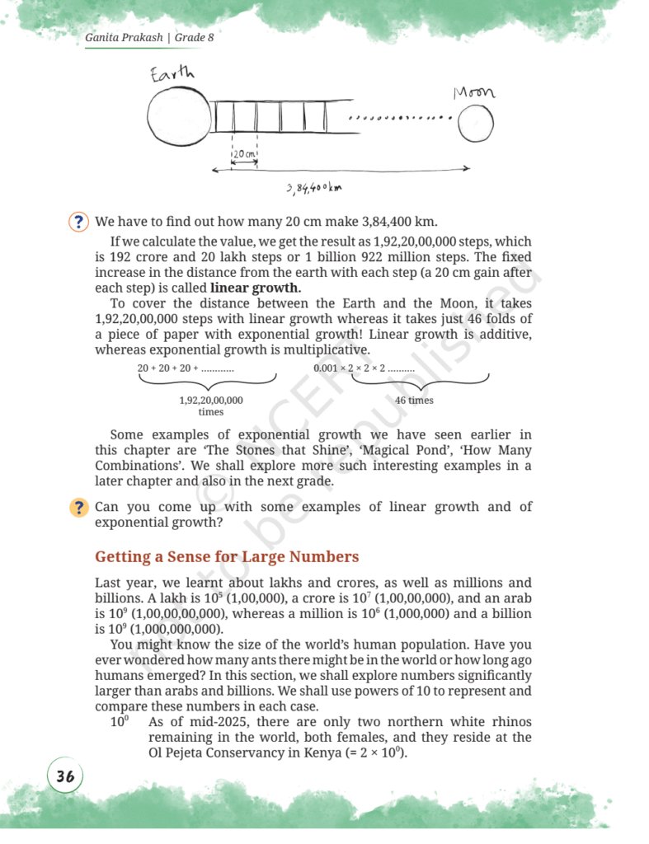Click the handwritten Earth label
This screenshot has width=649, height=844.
[x=172, y=74]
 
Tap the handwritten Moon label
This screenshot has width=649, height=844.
[x=473, y=92]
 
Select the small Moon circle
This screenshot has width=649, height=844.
[x=476, y=124]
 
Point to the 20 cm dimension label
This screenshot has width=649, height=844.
[x=245, y=154]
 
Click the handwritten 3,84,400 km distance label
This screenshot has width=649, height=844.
[x=314, y=189]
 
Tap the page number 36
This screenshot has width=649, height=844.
[x=65, y=776]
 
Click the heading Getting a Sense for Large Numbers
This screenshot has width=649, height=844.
[x=227, y=556]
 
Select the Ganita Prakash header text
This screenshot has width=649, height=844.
[x=125, y=38]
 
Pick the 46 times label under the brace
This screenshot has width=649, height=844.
[x=414, y=401]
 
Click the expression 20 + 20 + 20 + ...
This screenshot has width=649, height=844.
[x=186, y=368]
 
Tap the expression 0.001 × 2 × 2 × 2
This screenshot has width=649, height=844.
[x=364, y=368]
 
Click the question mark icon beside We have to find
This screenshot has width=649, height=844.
[x=78, y=223]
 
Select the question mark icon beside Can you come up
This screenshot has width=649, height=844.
[x=78, y=508]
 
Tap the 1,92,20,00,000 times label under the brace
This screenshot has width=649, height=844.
[x=211, y=406]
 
